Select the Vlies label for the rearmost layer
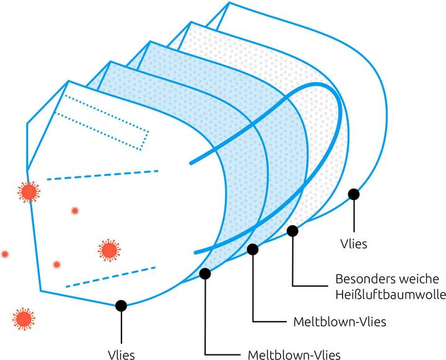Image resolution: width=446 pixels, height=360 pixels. pyautogui.click(x=354, y=244)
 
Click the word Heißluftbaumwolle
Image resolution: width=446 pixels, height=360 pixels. pyautogui.click(x=387, y=294)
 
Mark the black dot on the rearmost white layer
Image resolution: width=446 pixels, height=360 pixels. pyautogui.click(x=354, y=195)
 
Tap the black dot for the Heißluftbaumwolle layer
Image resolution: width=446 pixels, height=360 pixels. pyautogui.click(x=292, y=231)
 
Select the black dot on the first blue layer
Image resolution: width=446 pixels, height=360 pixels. pyautogui.click(x=205, y=273)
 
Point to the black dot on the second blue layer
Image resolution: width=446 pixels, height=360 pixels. pyautogui.click(x=253, y=249)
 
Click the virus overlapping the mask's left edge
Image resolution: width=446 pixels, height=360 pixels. pyautogui.click(x=28, y=192)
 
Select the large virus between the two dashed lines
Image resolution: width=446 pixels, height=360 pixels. pyautogui.click(x=108, y=250)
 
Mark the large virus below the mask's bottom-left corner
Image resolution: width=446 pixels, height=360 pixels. pyautogui.click(x=24, y=318)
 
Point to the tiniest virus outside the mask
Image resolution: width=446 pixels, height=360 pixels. pyautogui.click(x=5, y=254)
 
